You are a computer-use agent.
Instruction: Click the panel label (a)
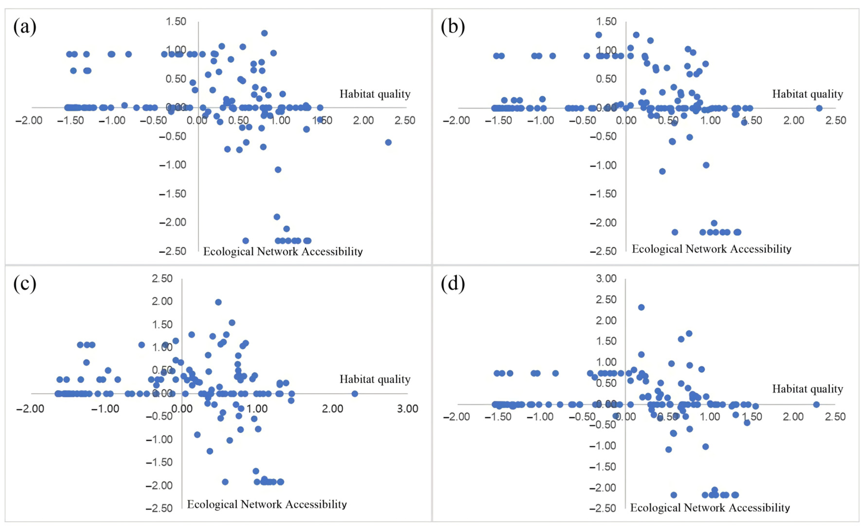tap(25, 27)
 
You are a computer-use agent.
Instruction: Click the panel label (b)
tap(453, 27)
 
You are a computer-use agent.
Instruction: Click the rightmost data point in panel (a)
tap(388, 142)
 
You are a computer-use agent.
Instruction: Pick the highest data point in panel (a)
tap(264, 33)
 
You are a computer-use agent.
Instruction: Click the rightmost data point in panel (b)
tap(819, 108)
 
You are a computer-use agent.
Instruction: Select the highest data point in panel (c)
tap(218, 302)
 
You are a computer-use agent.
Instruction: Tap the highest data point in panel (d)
tap(641, 307)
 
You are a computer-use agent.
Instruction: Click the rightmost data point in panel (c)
tap(354, 394)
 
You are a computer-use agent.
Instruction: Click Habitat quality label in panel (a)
tap(375, 94)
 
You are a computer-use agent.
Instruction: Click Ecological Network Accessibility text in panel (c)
tap(267, 504)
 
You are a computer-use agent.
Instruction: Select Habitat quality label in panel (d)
tap(807, 389)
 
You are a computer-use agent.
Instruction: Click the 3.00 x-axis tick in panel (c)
tap(408, 409)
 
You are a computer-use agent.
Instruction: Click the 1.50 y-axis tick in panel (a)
tap(176, 22)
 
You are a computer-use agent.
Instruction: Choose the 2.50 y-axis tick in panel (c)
tap(162, 279)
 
